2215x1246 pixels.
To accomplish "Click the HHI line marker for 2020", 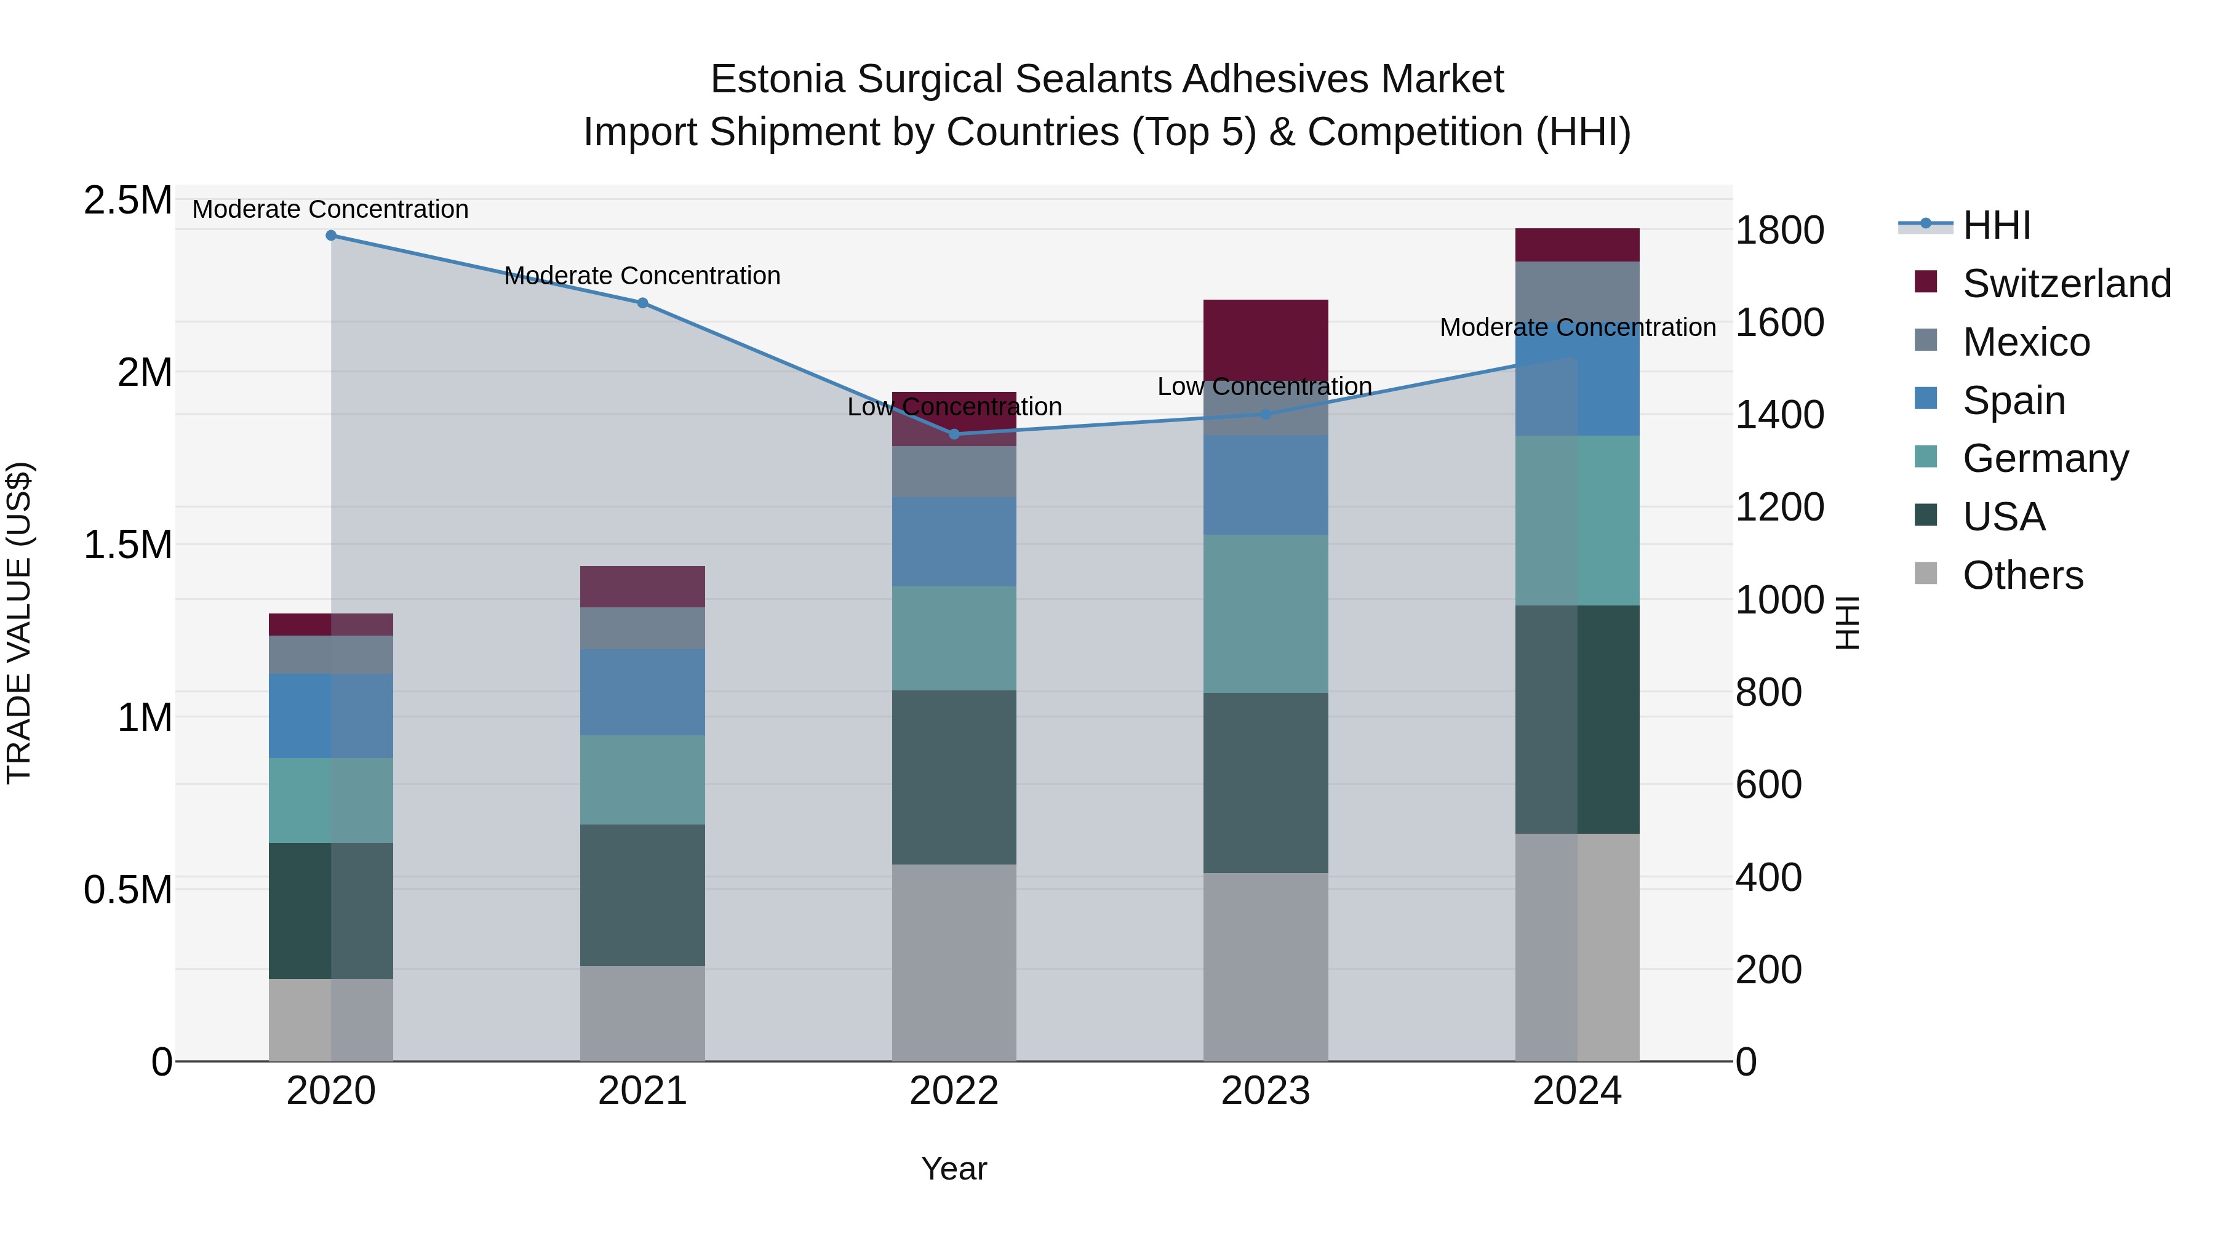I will coord(331,236).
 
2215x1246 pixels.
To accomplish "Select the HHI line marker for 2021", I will coord(642,303).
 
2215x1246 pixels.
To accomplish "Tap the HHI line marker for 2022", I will coord(954,434).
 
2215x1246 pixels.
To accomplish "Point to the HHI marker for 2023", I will coord(1266,415).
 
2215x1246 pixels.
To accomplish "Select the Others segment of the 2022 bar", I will coord(954,962).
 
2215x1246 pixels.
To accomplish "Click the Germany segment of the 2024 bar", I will coord(1577,520).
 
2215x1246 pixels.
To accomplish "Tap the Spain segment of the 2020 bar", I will coord(331,716).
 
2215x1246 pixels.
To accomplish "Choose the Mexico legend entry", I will coord(2026,342).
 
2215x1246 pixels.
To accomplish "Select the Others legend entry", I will coord(2022,575).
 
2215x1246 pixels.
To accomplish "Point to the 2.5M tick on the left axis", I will coord(127,201).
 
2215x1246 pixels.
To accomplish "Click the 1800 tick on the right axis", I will coord(1779,231).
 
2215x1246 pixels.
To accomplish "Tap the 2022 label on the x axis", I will coord(954,1091).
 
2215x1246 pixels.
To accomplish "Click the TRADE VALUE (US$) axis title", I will coord(19,623).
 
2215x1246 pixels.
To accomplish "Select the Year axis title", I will coord(954,1168).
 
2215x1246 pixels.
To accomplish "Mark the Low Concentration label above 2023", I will coord(1264,387).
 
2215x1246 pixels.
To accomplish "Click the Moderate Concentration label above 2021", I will coord(642,276).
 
